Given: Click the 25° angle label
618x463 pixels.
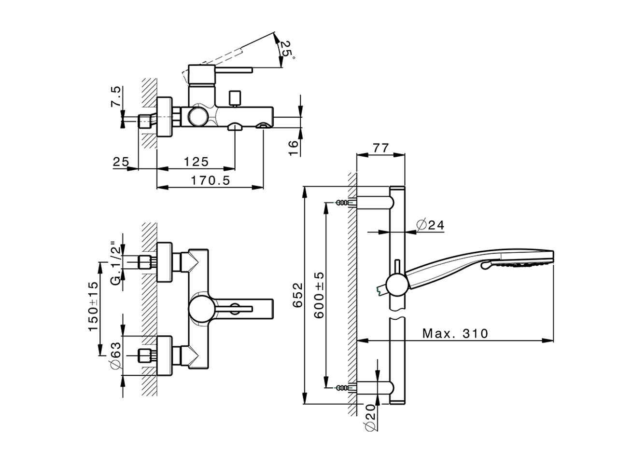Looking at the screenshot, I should coord(286,49).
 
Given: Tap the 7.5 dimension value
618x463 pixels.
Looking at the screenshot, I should coord(116,97).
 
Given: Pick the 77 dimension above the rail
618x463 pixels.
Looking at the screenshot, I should coord(380,148).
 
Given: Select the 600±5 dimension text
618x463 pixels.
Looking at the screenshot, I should coord(319,294).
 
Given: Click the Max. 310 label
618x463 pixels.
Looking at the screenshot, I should coord(455,333).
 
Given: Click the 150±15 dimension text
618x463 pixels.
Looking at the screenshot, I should coord(93,306).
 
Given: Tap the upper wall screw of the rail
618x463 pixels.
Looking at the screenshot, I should coord(343,203).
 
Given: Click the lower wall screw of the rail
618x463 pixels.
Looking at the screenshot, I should coord(343,387).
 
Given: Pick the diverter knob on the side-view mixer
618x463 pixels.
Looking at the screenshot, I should coord(235,97).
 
